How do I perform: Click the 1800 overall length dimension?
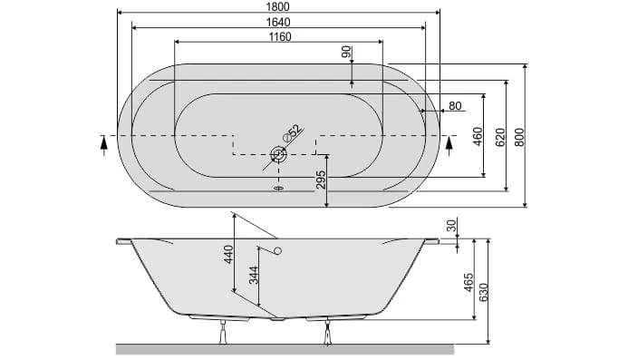(x=277, y=7)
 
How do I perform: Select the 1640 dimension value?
(x=278, y=22)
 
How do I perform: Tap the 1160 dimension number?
(x=280, y=37)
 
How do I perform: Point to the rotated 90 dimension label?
(x=346, y=52)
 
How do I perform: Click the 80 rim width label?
(x=455, y=106)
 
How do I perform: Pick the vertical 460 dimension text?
(x=478, y=136)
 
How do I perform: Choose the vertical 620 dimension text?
(x=500, y=137)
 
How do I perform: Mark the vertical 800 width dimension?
(x=519, y=137)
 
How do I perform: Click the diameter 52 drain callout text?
(x=292, y=133)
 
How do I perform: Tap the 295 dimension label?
(x=321, y=180)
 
